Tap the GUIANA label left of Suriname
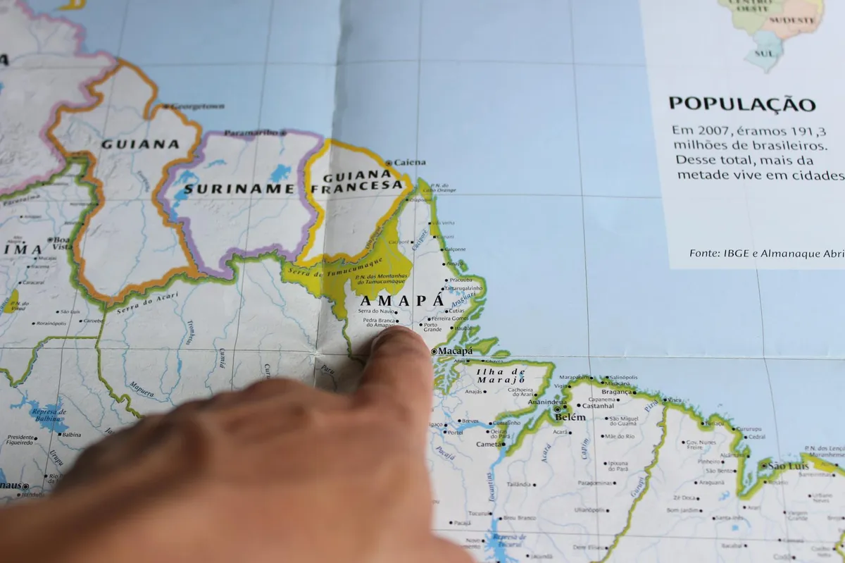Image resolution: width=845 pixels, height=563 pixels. tap(140, 144)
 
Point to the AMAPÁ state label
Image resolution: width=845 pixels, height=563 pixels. tap(402, 301)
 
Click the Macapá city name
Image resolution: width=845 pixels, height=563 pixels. tap(455, 351)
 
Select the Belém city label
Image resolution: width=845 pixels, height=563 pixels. tap(570, 417)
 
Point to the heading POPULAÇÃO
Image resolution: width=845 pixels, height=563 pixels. tap(741, 104)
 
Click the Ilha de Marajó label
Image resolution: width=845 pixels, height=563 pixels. tap(501, 376)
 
